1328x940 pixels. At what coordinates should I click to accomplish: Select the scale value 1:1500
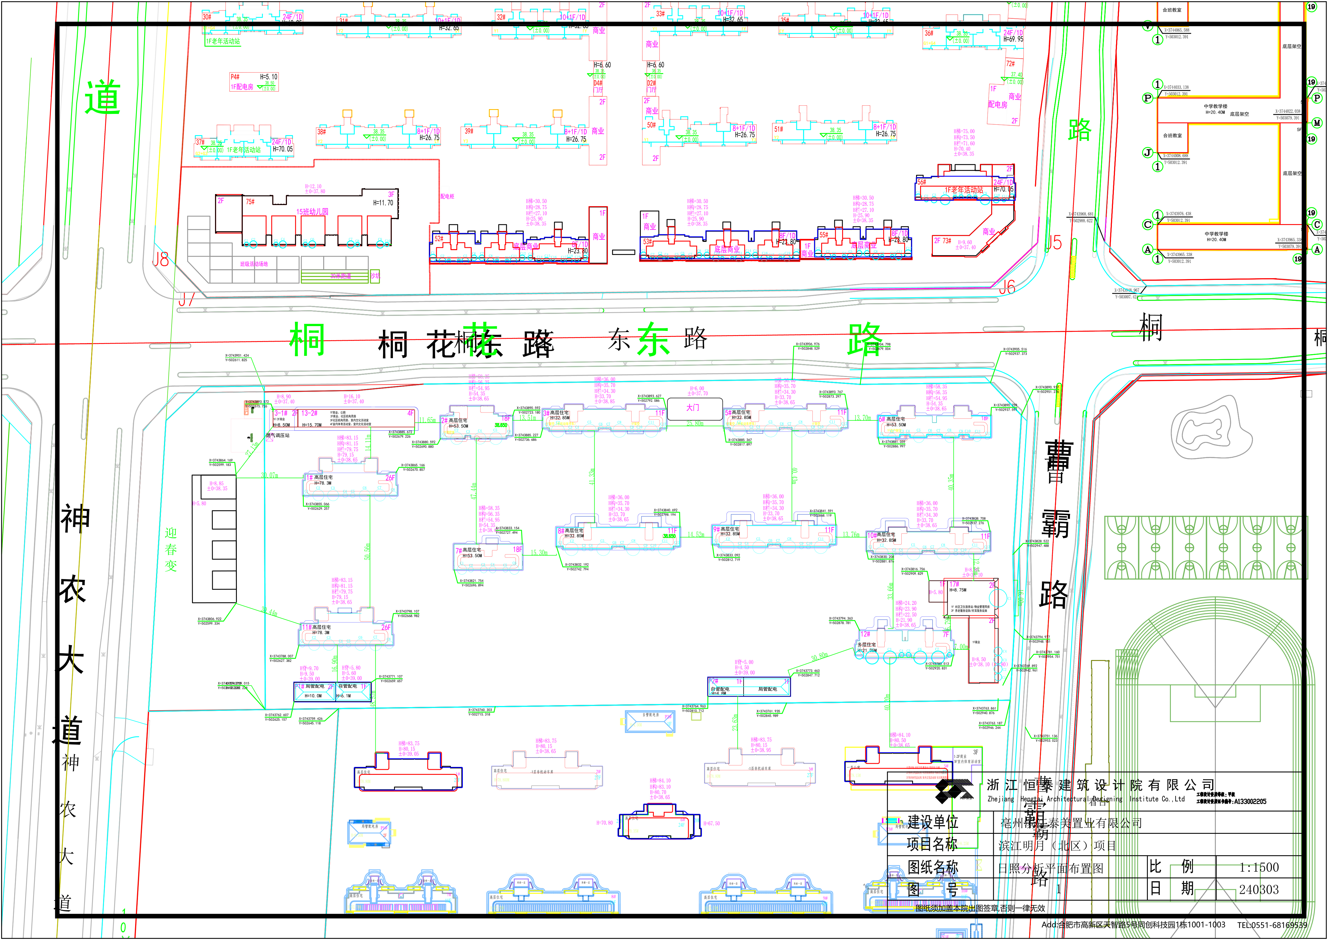pos(1259,867)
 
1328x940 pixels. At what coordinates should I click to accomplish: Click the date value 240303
pos(1259,890)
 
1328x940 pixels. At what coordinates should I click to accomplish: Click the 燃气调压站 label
pos(278,435)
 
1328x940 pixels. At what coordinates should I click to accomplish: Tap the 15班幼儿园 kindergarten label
pos(312,212)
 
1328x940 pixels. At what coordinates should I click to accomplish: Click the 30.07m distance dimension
pos(270,476)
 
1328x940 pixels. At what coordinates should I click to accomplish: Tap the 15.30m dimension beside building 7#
pos(539,553)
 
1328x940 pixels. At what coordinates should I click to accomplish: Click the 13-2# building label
pos(309,413)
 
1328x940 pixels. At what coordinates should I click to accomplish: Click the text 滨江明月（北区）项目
pos(1057,846)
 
